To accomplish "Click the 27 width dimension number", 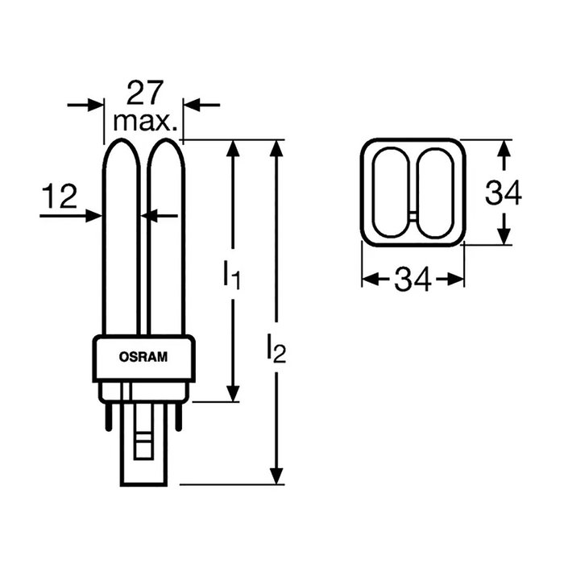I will click(145, 94).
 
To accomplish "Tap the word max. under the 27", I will click(145, 122).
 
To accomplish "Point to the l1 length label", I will click(232, 276).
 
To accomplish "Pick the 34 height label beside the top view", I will click(504, 193).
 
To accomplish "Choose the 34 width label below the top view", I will click(413, 280).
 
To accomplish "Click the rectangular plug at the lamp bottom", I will click(143, 451).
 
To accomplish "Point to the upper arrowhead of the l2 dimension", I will click(276, 149).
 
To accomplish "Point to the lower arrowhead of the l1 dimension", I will click(233, 392).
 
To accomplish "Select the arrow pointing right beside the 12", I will click(91, 215).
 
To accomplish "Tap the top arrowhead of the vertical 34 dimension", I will click(504, 149).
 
